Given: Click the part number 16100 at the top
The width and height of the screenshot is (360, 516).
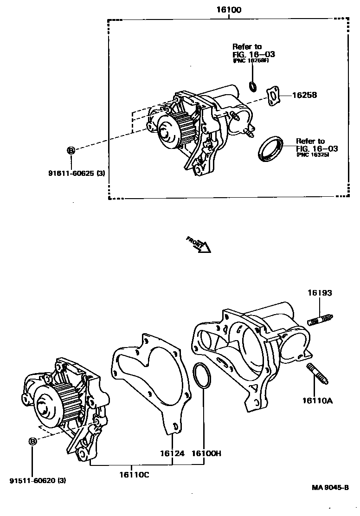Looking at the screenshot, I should pos(229,9).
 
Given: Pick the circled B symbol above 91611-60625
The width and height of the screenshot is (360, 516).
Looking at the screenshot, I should pos(71,150).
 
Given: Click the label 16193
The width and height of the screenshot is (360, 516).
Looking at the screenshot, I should pos(320,293).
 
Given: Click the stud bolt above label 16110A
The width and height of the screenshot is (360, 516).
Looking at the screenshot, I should pos(318,374).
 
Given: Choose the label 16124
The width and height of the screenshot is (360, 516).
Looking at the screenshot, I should pos(172,453).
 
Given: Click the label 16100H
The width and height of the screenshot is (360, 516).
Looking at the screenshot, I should pos(206,453).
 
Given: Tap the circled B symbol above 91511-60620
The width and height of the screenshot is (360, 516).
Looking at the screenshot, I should pos(32,441).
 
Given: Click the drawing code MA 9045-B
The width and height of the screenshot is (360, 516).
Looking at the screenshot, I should pos(330,487).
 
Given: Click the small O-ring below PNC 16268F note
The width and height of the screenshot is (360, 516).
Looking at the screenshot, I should pos(253,86).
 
